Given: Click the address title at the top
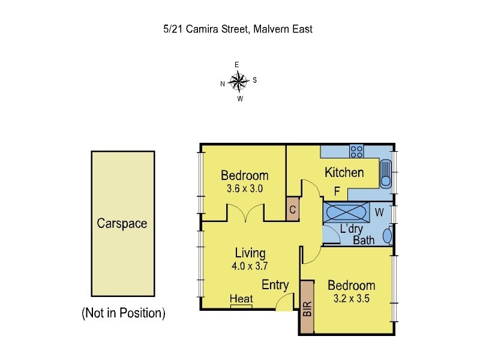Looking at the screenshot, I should click(238, 29).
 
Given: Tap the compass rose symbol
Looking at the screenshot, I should click(239, 80).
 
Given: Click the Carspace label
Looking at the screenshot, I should click(122, 223).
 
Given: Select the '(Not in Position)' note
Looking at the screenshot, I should click(123, 313).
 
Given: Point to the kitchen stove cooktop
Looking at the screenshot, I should click(357, 151).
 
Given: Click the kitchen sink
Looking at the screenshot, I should click(386, 175).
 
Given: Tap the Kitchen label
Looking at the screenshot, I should click(344, 173).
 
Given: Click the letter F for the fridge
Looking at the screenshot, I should click(337, 192).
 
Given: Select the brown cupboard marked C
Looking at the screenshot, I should click(292, 209).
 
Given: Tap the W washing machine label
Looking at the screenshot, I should click(379, 212).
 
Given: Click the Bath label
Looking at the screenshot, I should click(364, 240).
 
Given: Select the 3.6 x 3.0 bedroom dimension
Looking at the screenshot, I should click(244, 188).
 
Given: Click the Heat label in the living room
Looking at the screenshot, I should click(241, 299).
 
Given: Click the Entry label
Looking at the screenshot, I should click(275, 285).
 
